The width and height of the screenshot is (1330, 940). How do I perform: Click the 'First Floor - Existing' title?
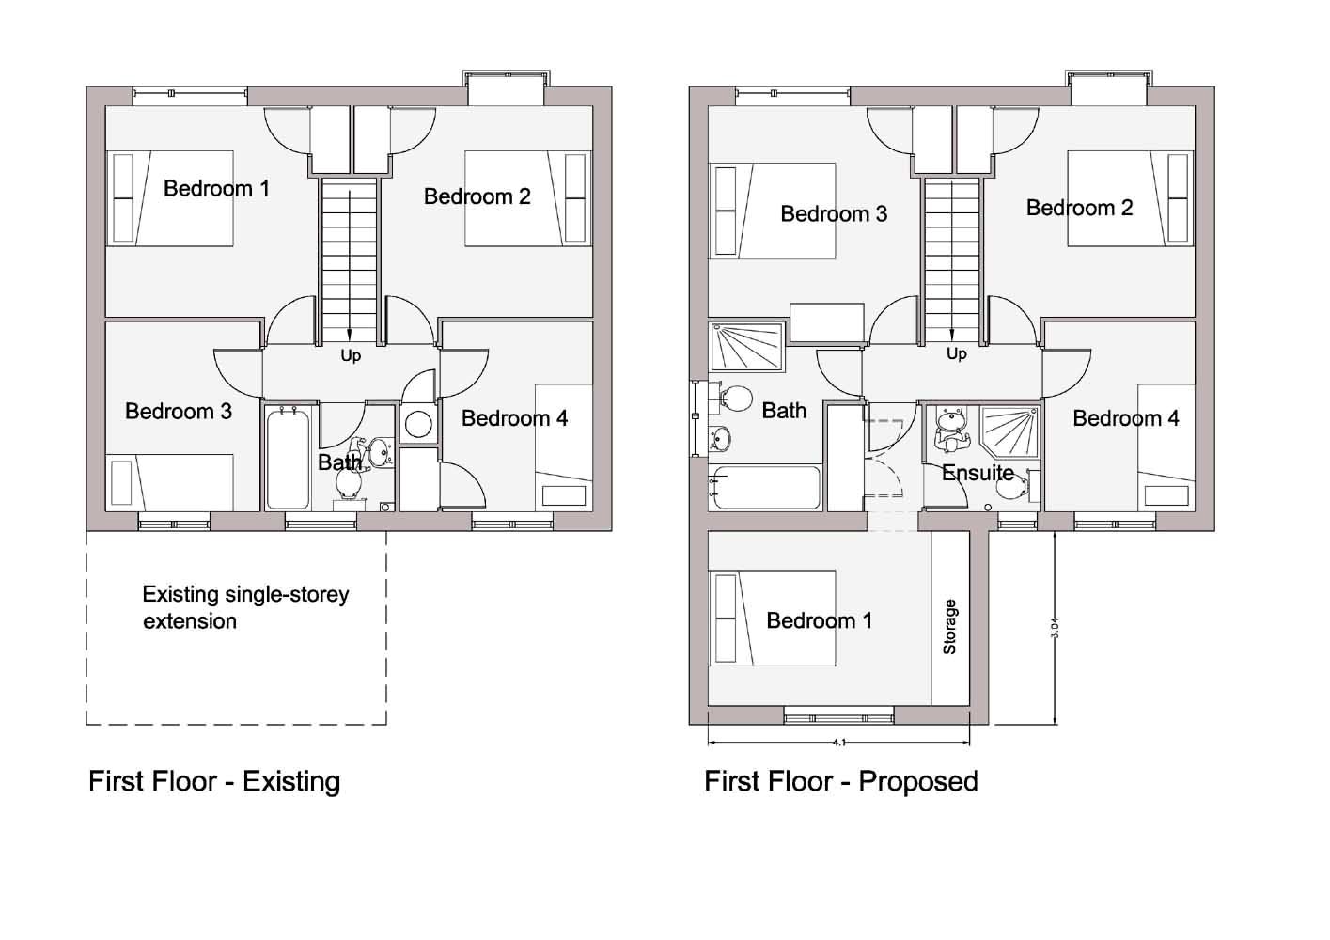click(x=214, y=781)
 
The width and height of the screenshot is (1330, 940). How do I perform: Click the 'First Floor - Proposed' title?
click(x=841, y=781)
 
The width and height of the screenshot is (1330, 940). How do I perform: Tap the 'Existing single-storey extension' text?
click(x=245, y=607)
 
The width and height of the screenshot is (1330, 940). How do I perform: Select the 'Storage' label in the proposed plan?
click(x=949, y=627)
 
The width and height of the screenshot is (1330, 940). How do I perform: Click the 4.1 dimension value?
click(x=838, y=743)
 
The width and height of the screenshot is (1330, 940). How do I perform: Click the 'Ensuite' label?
click(x=978, y=473)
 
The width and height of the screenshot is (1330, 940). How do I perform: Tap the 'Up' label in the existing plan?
click(x=351, y=355)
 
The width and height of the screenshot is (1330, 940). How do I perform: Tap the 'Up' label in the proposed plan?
click(x=956, y=353)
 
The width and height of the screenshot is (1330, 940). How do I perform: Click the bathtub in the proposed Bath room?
click(x=765, y=488)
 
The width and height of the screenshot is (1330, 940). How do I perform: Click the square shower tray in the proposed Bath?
click(x=748, y=347)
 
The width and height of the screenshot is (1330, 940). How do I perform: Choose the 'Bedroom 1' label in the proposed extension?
click(x=819, y=620)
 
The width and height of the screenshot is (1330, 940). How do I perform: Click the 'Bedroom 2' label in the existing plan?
click(x=477, y=196)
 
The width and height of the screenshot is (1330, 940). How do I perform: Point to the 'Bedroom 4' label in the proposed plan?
click(x=1125, y=418)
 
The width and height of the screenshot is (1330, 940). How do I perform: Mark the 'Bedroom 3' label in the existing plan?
click(x=178, y=411)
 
